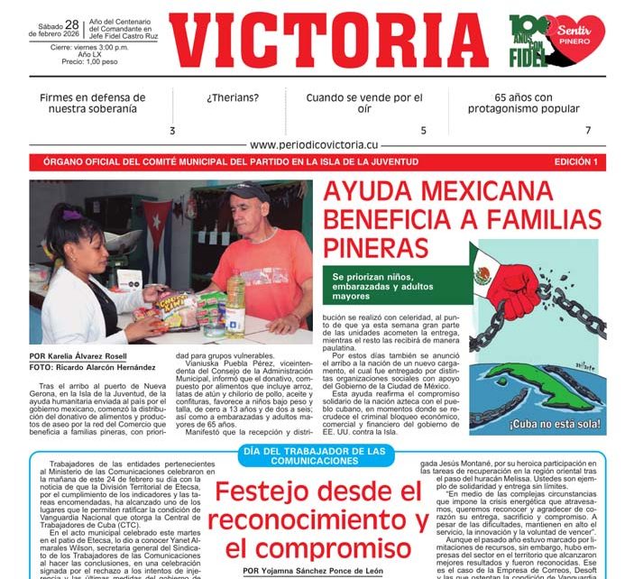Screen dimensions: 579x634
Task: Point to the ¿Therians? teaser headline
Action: coord(232,97)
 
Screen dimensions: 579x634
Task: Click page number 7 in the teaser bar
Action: coord(587,130)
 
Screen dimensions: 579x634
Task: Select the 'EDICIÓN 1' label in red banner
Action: coord(575,162)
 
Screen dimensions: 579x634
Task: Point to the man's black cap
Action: coord(245,191)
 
